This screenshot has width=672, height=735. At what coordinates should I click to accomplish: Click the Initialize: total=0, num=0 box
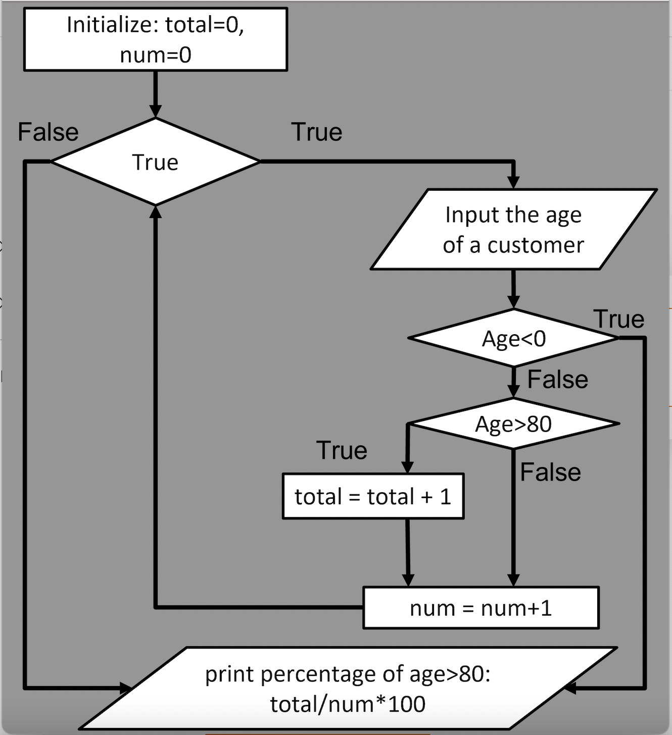pyautogui.click(x=156, y=39)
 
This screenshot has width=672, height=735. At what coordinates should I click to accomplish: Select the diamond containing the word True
pyautogui.click(x=156, y=162)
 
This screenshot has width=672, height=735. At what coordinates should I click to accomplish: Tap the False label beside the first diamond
pyautogui.click(x=49, y=133)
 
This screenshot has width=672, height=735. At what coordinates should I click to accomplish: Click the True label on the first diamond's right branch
pyautogui.click(x=317, y=133)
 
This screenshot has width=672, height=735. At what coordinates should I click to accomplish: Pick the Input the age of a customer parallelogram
pyautogui.click(x=513, y=230)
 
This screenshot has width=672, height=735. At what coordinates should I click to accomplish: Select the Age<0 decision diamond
pyautogui.click(x=513, y=338)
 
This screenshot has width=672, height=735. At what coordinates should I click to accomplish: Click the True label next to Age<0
pyautogui.click(x=619, y=320)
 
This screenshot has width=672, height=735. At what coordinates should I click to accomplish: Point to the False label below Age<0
pyautogui.click(x=558, y=380)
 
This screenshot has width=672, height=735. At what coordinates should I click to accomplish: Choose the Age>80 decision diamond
pyautogui.click(x=513, y=424)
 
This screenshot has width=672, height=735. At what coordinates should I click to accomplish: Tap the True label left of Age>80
pyautogui.click(x=342, y=450)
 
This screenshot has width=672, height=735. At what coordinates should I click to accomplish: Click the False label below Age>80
pyautogui.click(x=550, y=472)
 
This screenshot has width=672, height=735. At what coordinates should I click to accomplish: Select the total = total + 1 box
pyautogui.click(x=373, y=496)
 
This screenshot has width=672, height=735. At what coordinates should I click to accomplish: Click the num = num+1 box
pyautogui.click(x=481, y=608)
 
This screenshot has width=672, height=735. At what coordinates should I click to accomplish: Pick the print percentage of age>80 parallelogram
pyautogui.click(x=348, y=689)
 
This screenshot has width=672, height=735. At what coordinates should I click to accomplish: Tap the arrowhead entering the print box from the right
pyautogui.click(x=570, y=688)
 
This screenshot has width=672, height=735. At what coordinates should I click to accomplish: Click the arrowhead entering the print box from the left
pyautogui.click(x=126, y=688)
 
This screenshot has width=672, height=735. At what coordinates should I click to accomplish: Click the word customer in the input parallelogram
pyautogui.click(x=536, y=245)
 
